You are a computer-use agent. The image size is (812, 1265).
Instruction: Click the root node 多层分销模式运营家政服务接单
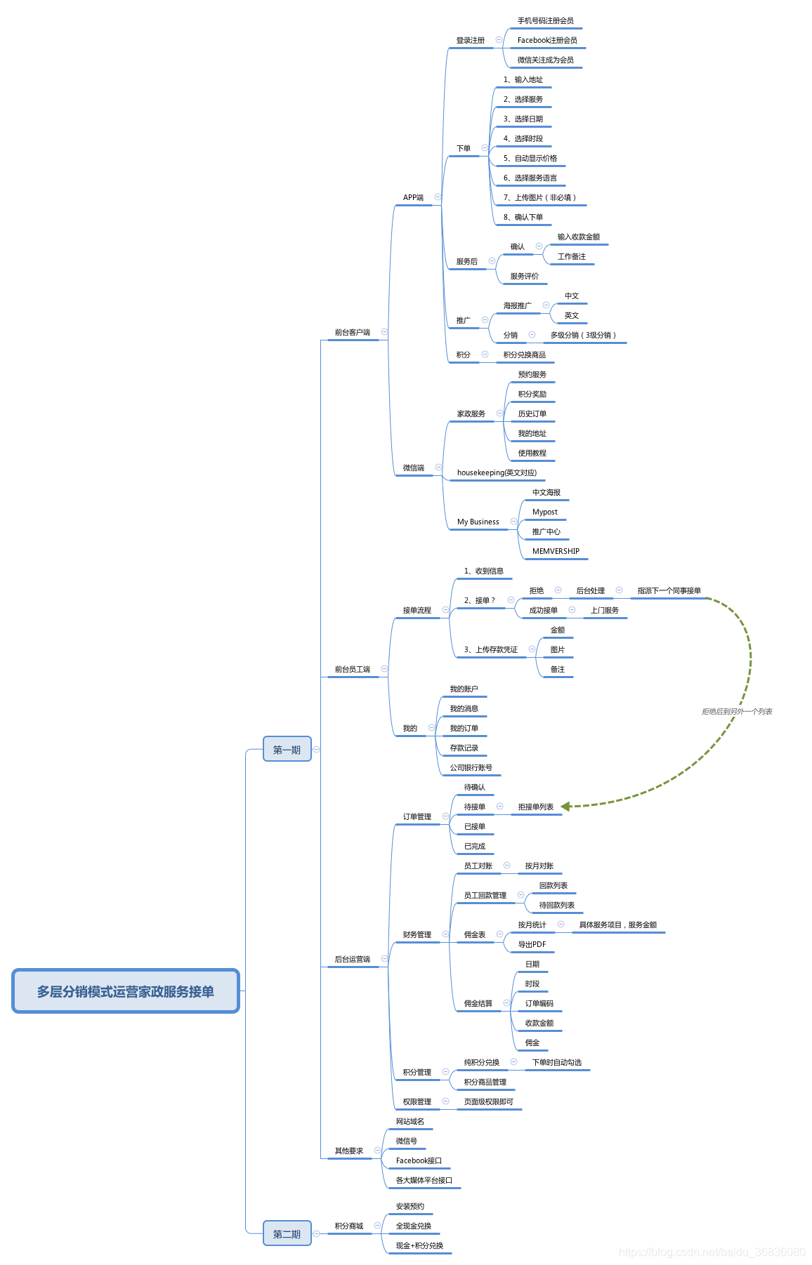(x=126, y=991)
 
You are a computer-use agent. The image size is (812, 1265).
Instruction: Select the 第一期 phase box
(x=287, y=750)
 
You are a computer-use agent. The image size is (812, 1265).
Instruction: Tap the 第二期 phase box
(x=287, y=1234)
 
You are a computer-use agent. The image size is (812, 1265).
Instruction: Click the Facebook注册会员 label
(x=547, y=41)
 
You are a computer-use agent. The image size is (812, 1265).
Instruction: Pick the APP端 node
(x=413, y=198)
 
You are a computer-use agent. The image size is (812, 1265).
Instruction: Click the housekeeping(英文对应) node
(x=497, y=473)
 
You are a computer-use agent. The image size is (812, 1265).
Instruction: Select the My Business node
(x=478, y=522)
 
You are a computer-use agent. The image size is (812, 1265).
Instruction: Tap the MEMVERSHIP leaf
(x=556, y=552)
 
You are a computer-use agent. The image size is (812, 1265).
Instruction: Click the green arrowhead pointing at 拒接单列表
(x=566, y=807)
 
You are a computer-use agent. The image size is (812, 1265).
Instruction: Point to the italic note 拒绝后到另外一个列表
(x=737, y=712)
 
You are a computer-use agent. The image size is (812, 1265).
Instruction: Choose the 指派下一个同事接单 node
(x=669, y=591)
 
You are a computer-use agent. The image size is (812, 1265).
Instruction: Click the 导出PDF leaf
(x=532, y=945)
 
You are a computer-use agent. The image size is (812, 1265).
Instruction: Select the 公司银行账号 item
(x=471, y=768)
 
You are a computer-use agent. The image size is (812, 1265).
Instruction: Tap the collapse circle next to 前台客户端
(x=384, y=332)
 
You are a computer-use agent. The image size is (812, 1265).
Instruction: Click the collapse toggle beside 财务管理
(x=445, y=934)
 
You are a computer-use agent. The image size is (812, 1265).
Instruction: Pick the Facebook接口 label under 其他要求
(x=419, y=1161)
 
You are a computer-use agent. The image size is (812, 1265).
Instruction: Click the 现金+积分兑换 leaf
(x=419, y=1246)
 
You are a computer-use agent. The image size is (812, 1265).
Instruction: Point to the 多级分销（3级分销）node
(x=583, y=336)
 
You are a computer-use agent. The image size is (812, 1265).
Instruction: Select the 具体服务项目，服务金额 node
(x=617, y=925)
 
